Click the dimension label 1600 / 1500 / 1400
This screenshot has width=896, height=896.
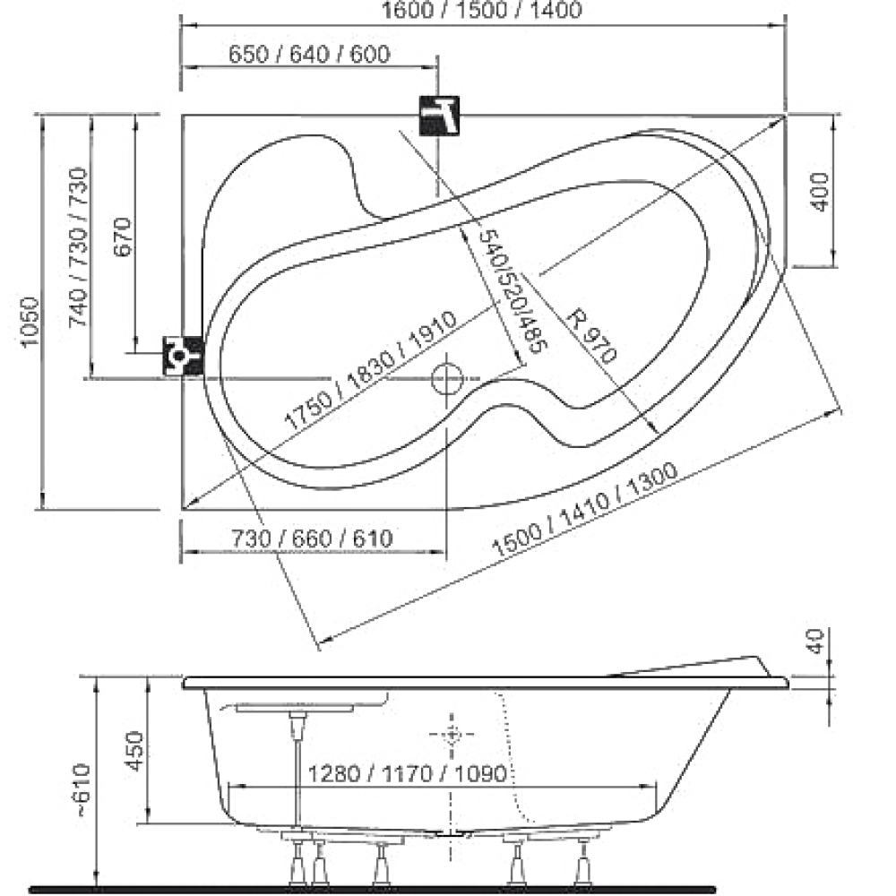(481, 10)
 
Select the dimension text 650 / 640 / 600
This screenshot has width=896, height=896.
(309, 55)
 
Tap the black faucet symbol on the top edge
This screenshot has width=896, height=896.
(439, 116)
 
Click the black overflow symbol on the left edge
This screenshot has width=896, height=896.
(184, 356)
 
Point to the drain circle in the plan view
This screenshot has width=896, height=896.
(447, 379)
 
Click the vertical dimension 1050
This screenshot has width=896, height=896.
(30, 322)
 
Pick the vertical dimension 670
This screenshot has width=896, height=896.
(123, 237)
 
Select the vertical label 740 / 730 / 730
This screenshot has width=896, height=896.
(78, 247)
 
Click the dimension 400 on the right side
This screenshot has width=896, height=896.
(820, 192)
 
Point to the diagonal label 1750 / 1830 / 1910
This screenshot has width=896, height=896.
(371, 371)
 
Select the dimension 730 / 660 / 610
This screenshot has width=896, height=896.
(312, 538)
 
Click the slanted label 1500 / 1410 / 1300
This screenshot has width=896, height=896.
(584, 509)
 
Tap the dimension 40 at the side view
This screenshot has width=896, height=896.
(817, 641)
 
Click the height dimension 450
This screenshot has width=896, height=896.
(135, 750)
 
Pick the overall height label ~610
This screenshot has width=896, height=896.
(82, 789)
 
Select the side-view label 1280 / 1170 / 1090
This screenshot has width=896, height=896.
(408, 774)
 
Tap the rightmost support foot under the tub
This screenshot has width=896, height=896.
(583, 863)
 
